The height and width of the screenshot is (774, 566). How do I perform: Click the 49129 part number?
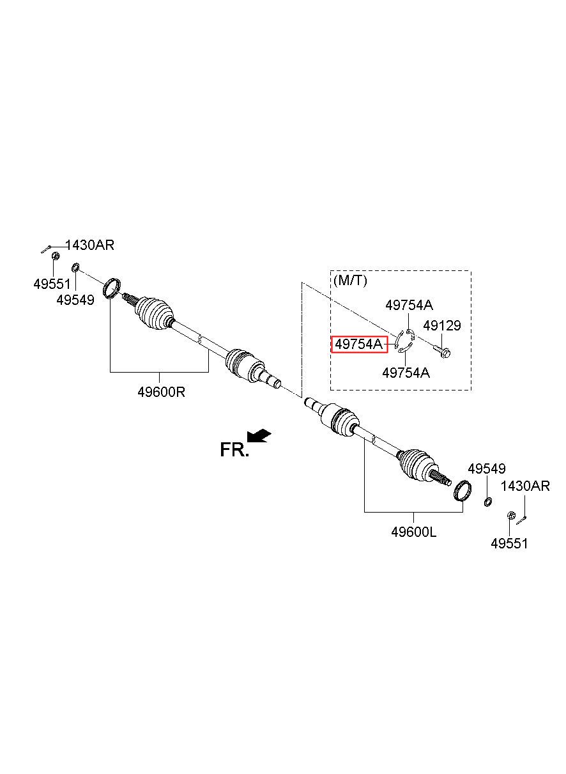point(441,325)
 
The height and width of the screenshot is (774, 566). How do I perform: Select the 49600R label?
point(161,392)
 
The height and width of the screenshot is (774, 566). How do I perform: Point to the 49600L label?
point(414,532)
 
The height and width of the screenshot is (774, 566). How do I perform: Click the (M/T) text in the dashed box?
point(350,280)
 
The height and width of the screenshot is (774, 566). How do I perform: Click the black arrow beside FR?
point(259,435)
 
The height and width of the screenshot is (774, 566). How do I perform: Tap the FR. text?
point(234,450)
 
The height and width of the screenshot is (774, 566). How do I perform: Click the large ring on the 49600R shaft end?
point(112,288)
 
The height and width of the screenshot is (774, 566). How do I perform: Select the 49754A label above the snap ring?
point(409,305)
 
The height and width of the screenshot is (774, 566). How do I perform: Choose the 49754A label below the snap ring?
point(406,373)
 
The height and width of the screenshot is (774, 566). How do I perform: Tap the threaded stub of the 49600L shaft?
point(441,478)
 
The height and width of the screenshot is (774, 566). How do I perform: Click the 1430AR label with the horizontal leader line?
point(89,245)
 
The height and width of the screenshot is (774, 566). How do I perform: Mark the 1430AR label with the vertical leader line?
point(525,486)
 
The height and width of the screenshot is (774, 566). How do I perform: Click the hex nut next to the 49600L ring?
point(510,516)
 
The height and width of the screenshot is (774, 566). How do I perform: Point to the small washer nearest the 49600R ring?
point(75,267)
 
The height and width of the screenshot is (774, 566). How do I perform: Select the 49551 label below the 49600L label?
point(509,543)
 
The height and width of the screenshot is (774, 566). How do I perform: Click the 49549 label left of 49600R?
point(75,300)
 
